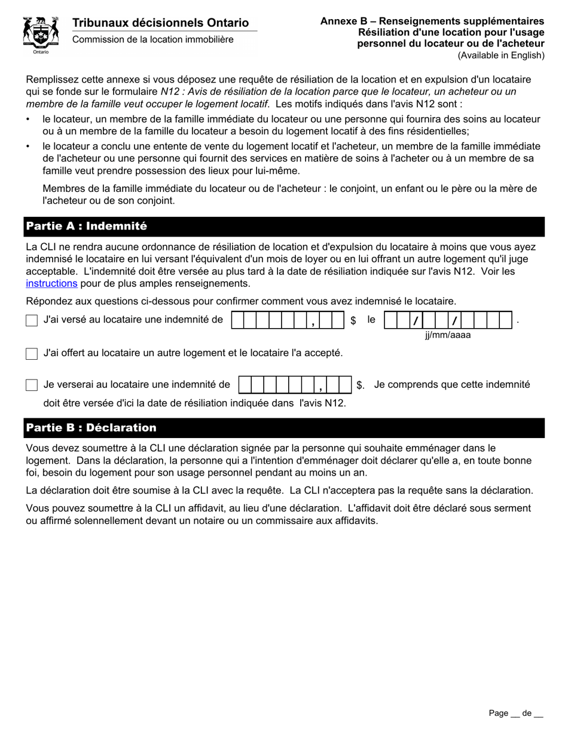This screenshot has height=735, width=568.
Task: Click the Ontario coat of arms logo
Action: point(41,35)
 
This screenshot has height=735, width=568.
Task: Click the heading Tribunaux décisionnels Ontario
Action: point(160,23)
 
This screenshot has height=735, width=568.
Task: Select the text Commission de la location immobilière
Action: point(153,39)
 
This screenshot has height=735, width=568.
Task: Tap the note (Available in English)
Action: point(501,56)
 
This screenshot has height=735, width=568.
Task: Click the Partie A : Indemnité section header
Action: point(86,226)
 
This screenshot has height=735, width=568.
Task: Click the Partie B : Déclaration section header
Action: point(91,428)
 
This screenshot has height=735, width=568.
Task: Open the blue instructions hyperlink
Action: point(51,283)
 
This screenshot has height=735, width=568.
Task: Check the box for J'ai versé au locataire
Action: point(32,321)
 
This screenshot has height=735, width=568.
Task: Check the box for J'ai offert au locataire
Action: point(32,354)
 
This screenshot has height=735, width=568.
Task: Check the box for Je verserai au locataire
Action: point(32,385)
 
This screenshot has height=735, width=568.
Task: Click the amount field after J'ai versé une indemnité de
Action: point(288,320)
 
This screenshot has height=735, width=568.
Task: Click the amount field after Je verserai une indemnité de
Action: point(295,385)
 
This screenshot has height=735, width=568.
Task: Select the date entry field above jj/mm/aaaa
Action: point(448,320)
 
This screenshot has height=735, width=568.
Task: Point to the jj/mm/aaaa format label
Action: point(448,335)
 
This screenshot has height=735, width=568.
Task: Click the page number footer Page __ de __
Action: point(515,713)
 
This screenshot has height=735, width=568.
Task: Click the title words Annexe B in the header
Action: point(343,21)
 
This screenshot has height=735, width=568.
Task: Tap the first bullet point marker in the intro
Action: point(28,120)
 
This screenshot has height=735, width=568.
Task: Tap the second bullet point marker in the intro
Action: point(28,146)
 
